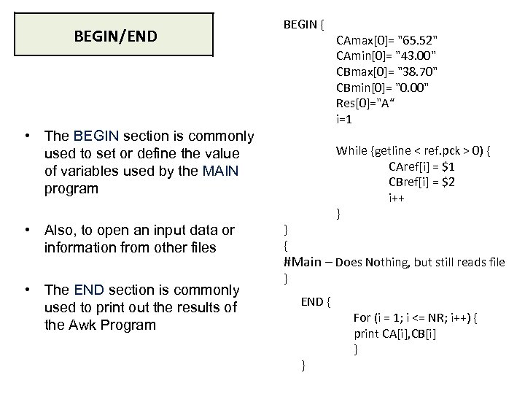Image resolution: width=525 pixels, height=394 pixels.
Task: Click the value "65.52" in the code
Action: (x=419, y=39)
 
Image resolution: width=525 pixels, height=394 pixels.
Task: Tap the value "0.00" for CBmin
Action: (x=410, y=88)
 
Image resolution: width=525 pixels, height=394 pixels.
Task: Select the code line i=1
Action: (x=345, y=119)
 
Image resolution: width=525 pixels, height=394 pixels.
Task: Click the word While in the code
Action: (x=352, y=151)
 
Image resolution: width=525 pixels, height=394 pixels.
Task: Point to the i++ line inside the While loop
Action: (x=397, y=198)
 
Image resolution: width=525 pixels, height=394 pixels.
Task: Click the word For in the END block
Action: (x=362, y=317)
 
